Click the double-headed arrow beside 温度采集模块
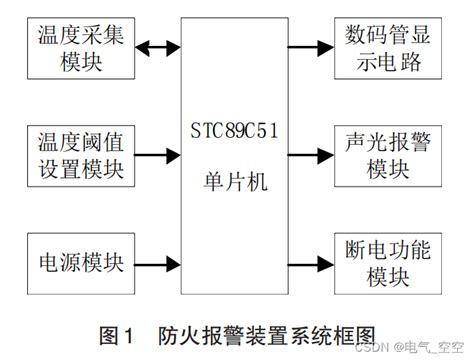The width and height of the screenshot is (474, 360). click(158, 47)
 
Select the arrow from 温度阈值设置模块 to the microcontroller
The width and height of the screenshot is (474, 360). click(158, 155)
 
